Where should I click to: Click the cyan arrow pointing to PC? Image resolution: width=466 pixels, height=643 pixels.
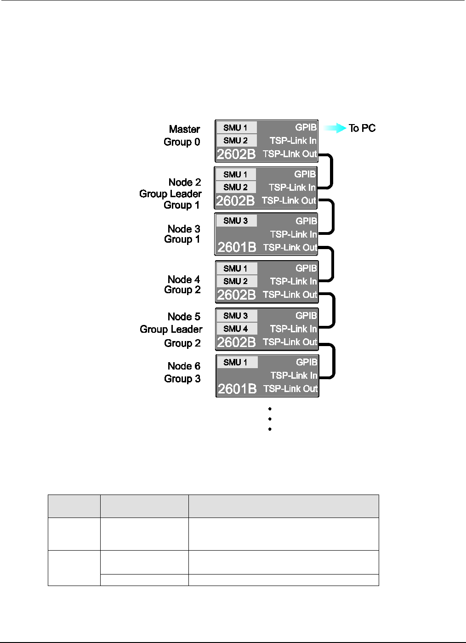335,128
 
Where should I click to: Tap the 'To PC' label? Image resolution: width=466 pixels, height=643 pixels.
362,128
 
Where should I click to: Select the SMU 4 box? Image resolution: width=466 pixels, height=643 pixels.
236,329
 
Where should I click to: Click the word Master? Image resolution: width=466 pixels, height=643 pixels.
184,129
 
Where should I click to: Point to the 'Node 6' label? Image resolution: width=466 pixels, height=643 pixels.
184,366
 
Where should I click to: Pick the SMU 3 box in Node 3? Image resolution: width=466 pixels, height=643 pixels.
236,221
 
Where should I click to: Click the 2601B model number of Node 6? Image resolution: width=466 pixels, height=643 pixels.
237,389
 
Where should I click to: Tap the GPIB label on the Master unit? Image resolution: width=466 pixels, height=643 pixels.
306,127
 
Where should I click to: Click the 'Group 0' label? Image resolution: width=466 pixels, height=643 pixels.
182,142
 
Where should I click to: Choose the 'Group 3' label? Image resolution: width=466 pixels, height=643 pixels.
182,379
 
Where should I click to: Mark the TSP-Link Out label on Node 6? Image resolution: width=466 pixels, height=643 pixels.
290,389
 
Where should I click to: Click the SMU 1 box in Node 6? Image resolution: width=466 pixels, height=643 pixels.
236,362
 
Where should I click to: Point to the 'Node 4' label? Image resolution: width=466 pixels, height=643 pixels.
184,279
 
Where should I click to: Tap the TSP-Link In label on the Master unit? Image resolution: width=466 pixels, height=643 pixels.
293,141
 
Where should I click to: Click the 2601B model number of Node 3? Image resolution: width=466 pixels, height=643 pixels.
237,247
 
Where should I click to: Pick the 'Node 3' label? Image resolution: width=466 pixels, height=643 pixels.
184,229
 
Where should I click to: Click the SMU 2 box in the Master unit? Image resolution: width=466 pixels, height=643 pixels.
236,141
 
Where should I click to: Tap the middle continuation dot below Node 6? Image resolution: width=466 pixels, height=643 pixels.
270,419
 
